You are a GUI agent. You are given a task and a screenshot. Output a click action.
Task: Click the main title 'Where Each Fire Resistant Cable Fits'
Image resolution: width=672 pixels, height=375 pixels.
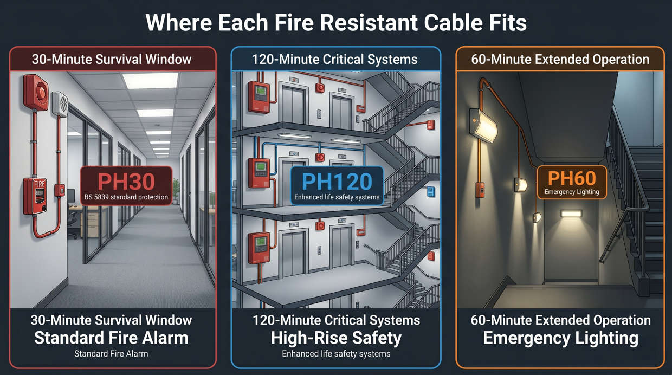coord(336,23)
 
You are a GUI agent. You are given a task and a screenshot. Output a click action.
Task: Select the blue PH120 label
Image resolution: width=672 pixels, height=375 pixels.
coord(337,181)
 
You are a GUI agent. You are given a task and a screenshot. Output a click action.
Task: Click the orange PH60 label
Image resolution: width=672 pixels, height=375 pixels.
coord(572,178)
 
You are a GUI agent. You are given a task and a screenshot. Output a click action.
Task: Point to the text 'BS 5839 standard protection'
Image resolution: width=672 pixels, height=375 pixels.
coord(126,197)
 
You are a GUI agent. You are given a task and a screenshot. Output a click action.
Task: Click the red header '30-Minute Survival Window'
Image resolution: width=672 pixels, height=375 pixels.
coord(112,59)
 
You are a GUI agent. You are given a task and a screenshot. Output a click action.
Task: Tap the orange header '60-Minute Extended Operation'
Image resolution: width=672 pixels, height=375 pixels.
coord(560,59)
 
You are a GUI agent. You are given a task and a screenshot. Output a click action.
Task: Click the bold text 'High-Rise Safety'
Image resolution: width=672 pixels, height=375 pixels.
coord(336,338)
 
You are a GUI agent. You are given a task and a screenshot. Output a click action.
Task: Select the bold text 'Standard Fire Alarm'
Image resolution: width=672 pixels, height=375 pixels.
coord(111,338)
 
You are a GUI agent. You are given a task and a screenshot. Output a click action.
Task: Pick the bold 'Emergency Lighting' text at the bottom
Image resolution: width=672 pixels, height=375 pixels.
coord(560,338)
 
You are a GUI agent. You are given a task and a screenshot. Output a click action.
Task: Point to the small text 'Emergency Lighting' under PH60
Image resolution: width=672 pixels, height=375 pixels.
coord(572,192)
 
